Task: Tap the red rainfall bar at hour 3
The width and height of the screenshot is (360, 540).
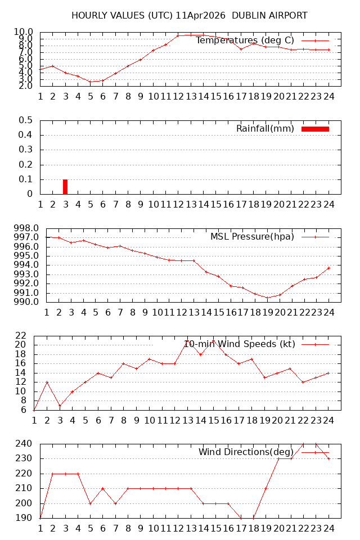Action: click(x=65, y=187)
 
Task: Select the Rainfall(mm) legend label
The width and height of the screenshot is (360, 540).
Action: click(x=265, y=129)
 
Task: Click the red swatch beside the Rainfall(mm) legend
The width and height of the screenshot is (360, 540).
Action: click(x=315, y=129)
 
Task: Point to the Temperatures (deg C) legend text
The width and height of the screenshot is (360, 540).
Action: click(x=245, y=40)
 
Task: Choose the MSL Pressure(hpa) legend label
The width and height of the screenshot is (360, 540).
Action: click(x=252, y=236)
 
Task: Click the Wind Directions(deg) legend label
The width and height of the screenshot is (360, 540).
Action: click(x=246, y=452)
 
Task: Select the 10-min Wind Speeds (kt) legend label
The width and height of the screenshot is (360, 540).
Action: click(x=240, y=344)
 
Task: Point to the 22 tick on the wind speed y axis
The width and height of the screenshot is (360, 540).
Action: click(x=21, y=336)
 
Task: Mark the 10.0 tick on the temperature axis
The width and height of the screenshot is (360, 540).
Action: click(x=24, y=32)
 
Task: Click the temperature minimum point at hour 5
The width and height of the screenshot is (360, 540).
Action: click(x=90, y=82)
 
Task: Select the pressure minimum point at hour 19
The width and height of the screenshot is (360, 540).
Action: click(x=267, y=298)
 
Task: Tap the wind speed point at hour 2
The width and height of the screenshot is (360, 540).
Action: click(x=47, y=382)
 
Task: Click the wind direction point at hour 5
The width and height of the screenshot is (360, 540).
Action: click(x=90, y=503)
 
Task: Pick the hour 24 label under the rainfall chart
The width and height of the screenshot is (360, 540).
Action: click(x=329, y=204)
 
